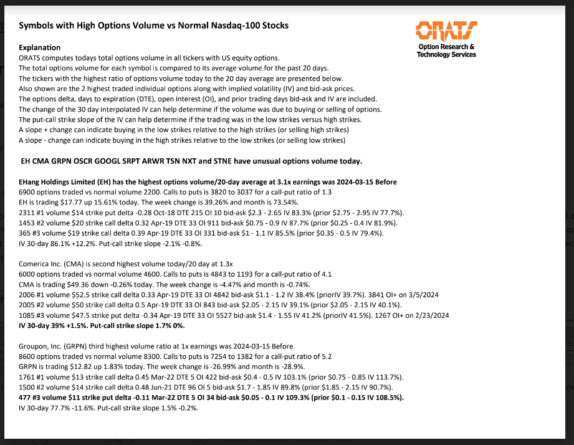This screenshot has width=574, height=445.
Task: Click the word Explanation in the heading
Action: pos(40,47)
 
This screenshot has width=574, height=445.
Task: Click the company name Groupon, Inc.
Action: pos(44,346)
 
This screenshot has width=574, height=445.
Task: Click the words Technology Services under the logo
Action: pos(446,54)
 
